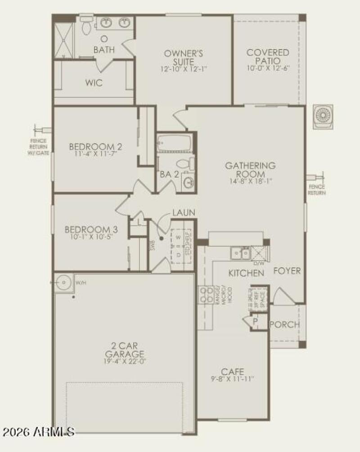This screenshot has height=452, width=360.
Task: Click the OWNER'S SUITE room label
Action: tap(183, 57)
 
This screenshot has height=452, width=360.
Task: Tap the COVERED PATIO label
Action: tap(268, 57)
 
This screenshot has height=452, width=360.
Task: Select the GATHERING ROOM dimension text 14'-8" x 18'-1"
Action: tap(251, 181)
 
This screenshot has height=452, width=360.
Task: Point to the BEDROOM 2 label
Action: tap(95, 147)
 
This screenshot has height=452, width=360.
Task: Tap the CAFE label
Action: tap(232, 371)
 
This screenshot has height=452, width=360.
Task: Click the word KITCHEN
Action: tap(246, 273)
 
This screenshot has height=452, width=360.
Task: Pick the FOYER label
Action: tap(287, 271)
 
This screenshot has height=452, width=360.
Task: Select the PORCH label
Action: tap(284, 325)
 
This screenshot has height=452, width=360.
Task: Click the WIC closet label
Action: tap(94, 83)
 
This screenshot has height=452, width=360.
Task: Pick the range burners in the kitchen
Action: tap(207, 295)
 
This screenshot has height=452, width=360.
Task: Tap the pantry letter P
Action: tap(254, 321)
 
